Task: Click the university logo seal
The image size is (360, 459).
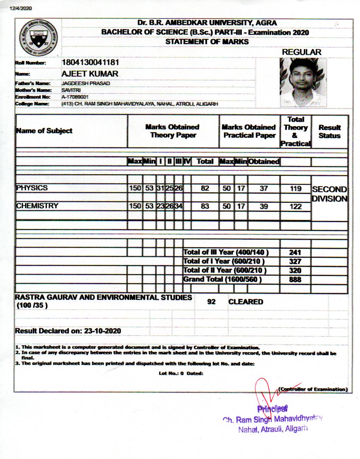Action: coord(37,39)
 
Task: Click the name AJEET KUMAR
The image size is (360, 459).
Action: coord(90,74)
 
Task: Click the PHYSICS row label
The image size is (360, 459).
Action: coord(32,188)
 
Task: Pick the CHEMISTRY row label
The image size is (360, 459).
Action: coord(37,206)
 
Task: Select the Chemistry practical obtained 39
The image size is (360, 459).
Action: coord(263,206)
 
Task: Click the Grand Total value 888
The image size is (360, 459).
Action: coord(295,280)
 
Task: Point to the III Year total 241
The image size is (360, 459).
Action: coord(295,253)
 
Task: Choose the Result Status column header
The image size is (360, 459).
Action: coord(329,131)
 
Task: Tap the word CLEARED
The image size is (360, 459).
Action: coord(246,302)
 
